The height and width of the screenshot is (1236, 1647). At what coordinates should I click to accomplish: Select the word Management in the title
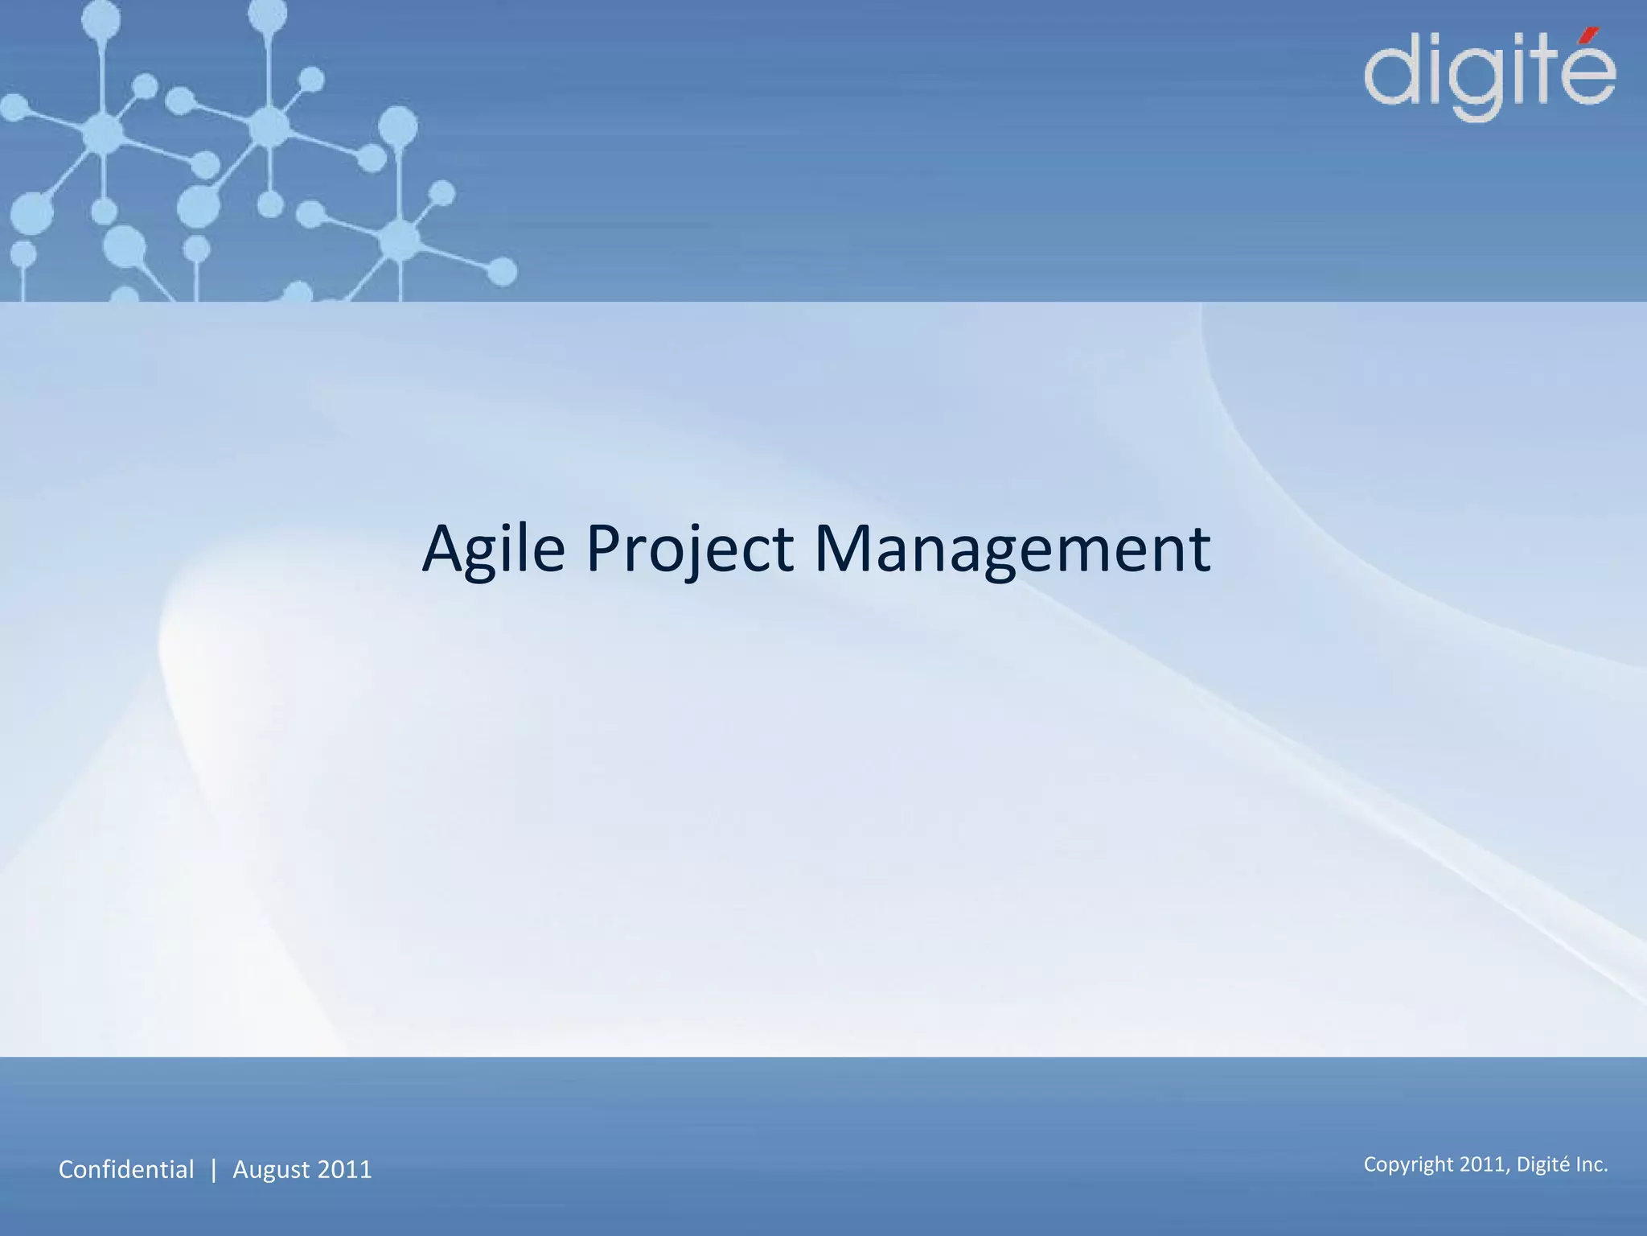(x=1012, y=549)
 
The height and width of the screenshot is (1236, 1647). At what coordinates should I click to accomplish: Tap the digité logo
(x=1489, y=76)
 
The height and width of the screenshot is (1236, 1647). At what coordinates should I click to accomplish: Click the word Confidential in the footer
(x=126, y=1169)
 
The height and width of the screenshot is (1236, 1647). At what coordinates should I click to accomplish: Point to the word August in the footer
(x=271, y=1170)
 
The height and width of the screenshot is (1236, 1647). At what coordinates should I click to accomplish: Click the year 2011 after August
(x=345, y=1169)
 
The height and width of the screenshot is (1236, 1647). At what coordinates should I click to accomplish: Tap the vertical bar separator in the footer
(x=213, y=1169)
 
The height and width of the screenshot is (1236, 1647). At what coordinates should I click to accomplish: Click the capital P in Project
(x=604, y=549)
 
